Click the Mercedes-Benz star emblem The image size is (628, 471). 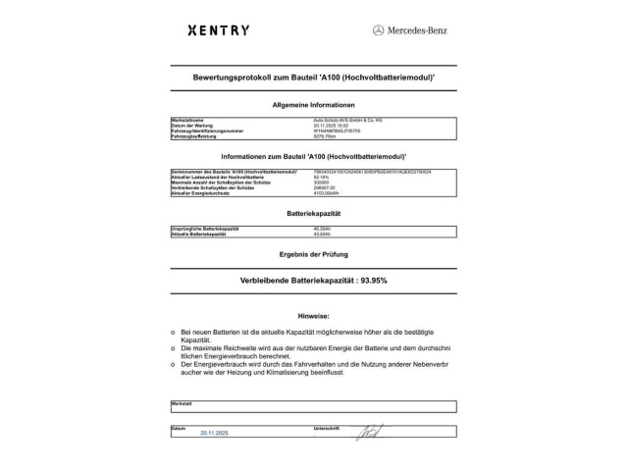coord(378,30)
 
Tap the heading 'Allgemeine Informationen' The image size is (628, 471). coord(313,104)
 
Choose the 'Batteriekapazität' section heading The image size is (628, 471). coord(313,213)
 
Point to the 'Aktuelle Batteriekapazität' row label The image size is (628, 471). coord(205,234)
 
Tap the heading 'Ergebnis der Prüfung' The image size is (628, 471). coord(313,254)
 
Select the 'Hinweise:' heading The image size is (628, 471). coord(313,317)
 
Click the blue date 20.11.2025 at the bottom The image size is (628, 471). coord(214,432)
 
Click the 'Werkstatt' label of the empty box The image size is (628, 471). coord(182,402)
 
